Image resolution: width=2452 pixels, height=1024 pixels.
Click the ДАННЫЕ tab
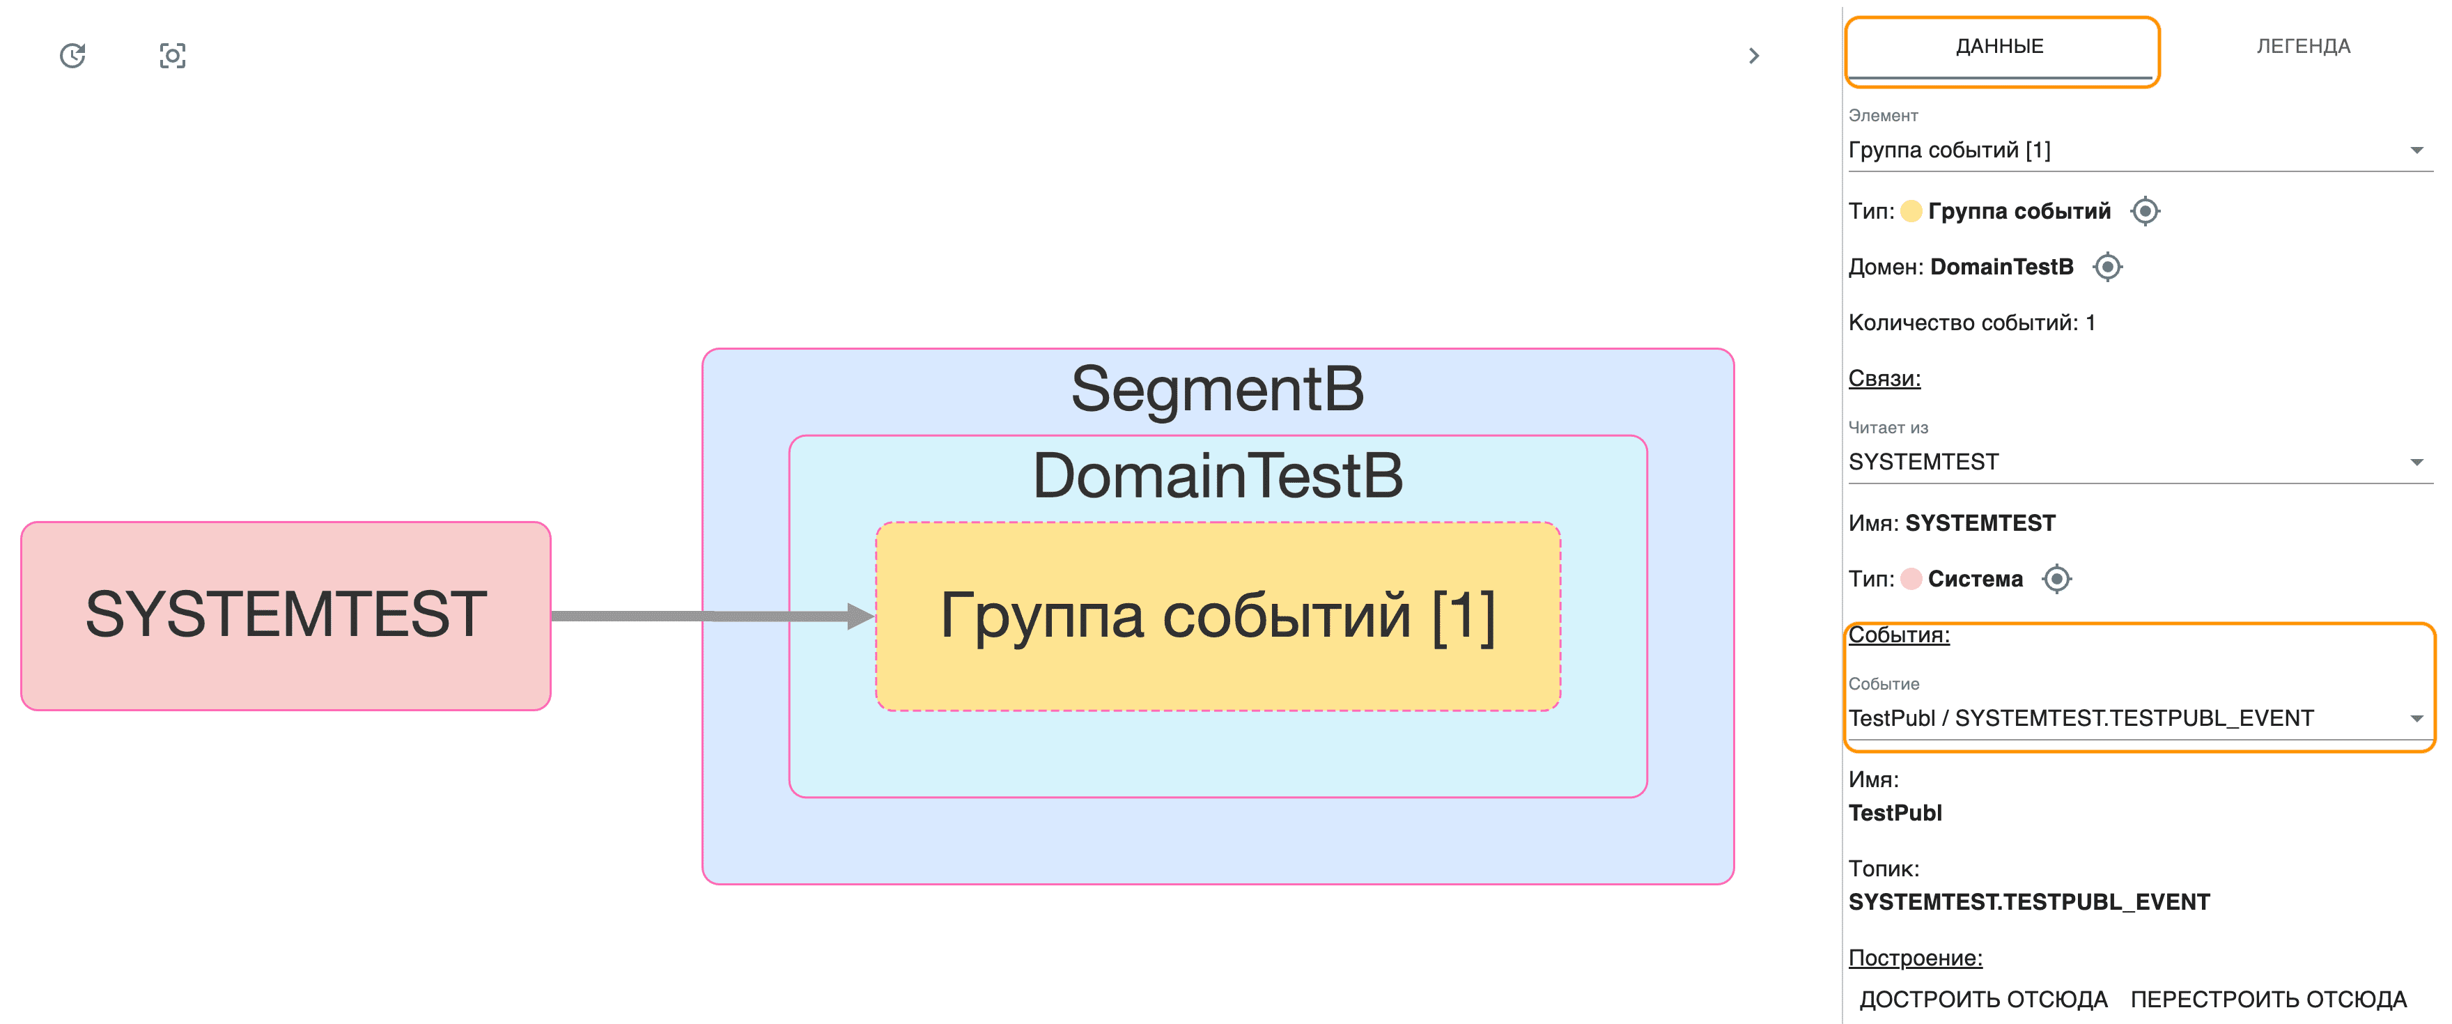coord(2000,47)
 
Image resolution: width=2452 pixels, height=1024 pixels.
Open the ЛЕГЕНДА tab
coord(2302,47)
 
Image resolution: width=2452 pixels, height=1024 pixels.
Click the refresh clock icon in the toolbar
coord(73,56)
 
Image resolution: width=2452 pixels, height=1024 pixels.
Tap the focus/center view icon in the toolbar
coord(172,56)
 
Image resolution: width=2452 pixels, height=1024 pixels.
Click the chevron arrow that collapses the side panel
coord(1753,56)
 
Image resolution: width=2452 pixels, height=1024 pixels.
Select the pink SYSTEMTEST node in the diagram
coord(286,615)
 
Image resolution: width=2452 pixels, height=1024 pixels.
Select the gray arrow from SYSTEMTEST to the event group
coord(704,616)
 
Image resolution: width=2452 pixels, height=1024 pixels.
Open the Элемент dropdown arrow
coord(2416,150)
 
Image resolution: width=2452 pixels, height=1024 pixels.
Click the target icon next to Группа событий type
coord(2145,211)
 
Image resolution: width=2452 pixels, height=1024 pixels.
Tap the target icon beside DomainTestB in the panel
coord(2107,267)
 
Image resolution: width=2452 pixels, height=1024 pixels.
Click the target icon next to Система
coord(2057,579)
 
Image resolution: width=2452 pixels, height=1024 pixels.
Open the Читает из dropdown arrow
coord(2416,463)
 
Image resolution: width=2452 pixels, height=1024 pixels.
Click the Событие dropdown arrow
coord(2416,718)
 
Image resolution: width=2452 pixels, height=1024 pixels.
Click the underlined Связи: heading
coord(1884,379)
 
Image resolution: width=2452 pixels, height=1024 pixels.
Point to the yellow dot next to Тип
coord(1910,211)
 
